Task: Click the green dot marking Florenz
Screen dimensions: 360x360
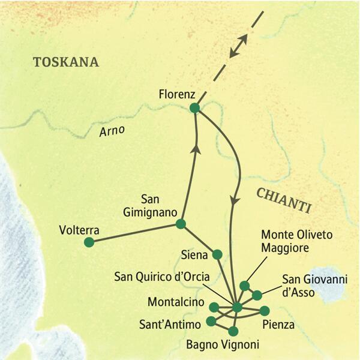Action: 194,107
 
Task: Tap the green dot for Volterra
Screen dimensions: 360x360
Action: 89,242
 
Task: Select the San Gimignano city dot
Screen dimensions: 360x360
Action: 180,224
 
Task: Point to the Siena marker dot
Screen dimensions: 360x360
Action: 217,254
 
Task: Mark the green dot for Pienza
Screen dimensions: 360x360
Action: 264,311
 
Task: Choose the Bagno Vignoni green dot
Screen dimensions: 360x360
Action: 233,331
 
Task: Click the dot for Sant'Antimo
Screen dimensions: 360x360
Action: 211,321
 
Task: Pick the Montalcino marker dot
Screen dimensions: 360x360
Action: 214,307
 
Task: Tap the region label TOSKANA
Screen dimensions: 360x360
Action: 66,62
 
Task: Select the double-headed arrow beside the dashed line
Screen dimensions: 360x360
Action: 238,46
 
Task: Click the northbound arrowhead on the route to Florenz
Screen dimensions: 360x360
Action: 194,142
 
